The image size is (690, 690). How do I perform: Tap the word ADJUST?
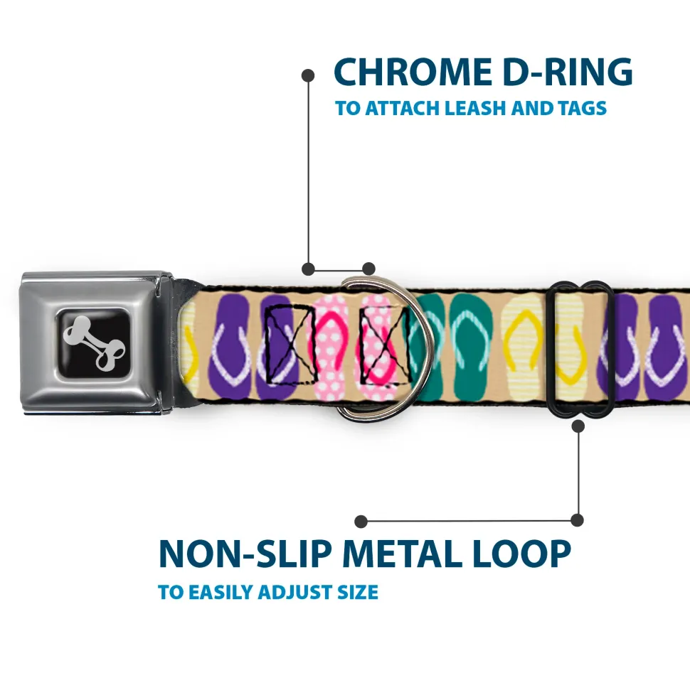294,592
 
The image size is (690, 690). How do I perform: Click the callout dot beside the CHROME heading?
308,74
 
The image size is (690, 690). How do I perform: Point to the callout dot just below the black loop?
578,426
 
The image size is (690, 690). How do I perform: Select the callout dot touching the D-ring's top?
368,269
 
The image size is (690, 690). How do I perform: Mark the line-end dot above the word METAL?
361,521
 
